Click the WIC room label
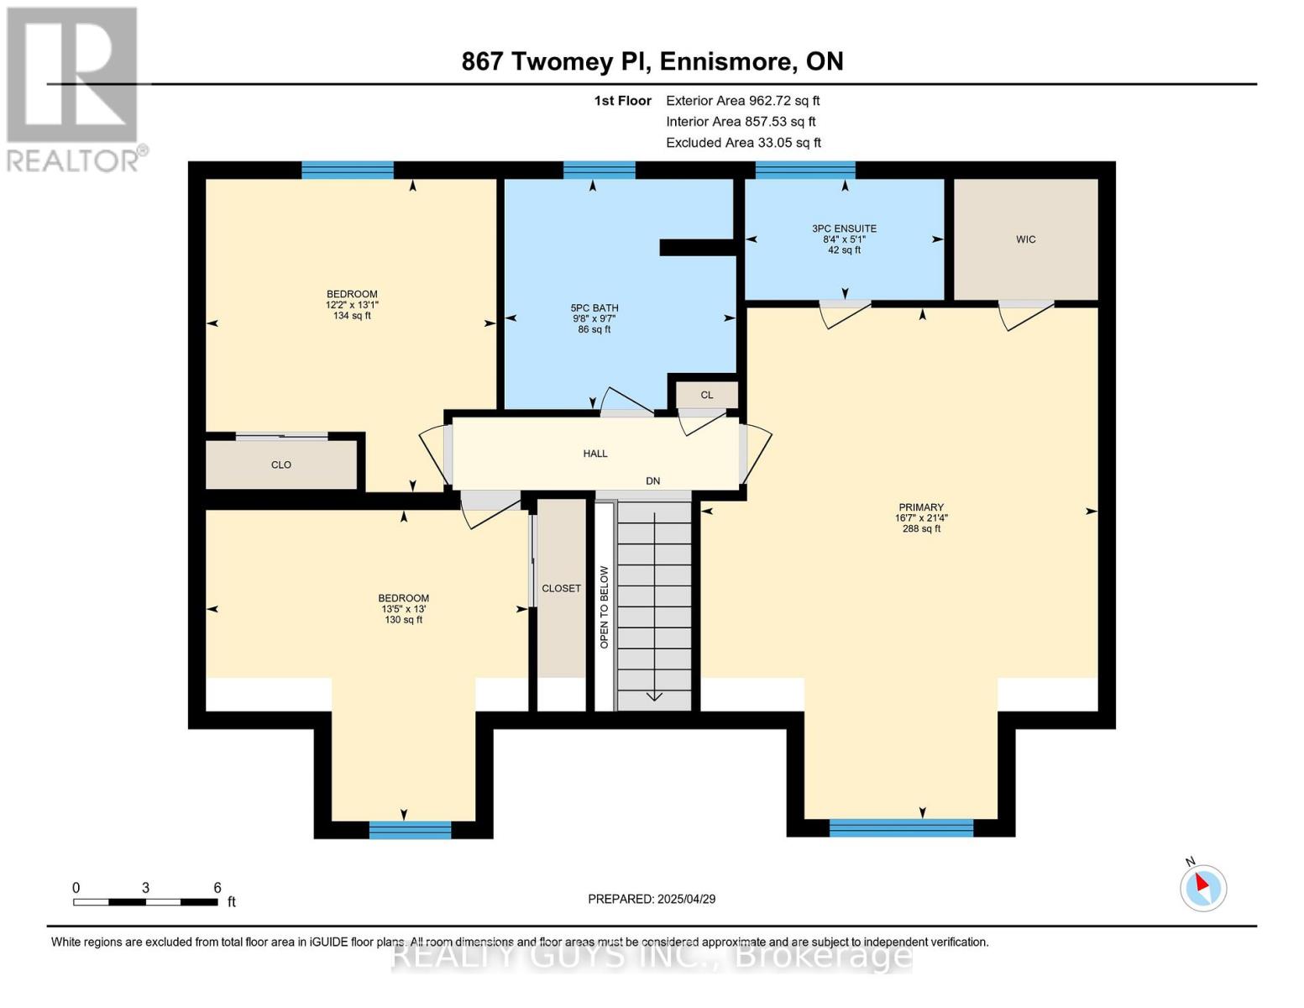[x=1025, y=239]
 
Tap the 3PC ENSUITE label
[x=844, y=228]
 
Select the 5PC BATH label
[x=594, y=308]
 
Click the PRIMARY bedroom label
[x=921, y=507]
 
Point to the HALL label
[x=595, y=454]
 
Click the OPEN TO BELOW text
[x=604, y=606]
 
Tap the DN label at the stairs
[x=652, y=481]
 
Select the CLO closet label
[x=280, y=465]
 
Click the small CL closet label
[x=706, y=395]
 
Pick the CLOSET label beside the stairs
[x=561, y=588]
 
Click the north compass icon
[x=1202, y=886]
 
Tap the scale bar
[x=145, y=902]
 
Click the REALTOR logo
[x=73, y=88]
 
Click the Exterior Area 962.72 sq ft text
[x=742, y=101]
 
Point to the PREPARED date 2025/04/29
[x=652, y=899]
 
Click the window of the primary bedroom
[x=900, y=828]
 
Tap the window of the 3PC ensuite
[x=804, y=171]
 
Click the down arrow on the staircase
[x=653, y=696]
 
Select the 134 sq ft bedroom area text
[x=352, y=316]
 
